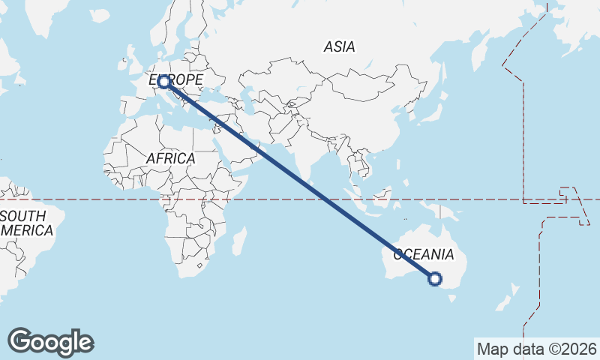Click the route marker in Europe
point(163,82)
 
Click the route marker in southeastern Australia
point(434,279)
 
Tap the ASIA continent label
point(339,46)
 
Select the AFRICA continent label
point(171,159)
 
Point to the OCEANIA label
point(424,255)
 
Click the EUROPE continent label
point(176,79)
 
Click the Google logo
point(50,342)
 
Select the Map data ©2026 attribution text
point(536,349)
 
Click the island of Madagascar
point(238,241)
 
